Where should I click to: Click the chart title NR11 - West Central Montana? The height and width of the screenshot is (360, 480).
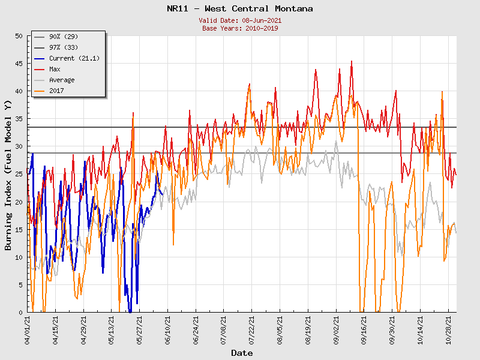(x=239, y=9)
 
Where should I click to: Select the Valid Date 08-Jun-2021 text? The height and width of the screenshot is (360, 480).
(x=240, y=20)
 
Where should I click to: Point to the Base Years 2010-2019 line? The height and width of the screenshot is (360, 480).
(x=240, y=28)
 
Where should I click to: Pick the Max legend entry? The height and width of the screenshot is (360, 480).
(x=55, y=69)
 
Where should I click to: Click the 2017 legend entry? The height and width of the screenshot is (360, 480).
(x=56, y=91)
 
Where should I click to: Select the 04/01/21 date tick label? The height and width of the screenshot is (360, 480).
(x=28, y=330)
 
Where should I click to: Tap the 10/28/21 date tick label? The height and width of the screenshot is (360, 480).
(x=448, y=330)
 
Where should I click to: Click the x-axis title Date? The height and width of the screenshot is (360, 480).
(x=242, y=353)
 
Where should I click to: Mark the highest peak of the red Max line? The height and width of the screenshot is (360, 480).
(x=352, y=61)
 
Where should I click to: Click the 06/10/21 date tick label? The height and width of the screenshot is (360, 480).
(x=168, y=330)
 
